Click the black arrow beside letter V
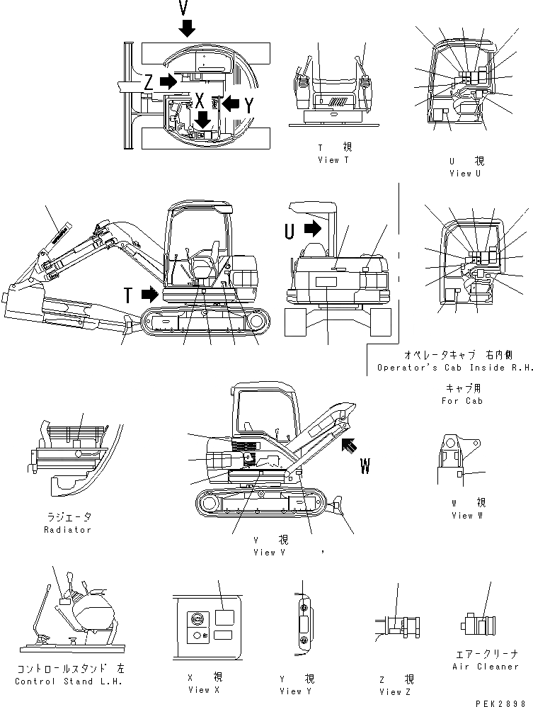(186, 28)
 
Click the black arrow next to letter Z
(168, 81)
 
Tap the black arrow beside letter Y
(231, 103)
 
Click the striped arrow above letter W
(350, 446)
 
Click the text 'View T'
(333, 160)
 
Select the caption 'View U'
(465, 173)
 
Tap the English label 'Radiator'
(67, 530)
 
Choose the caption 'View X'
(199, 689)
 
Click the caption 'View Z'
(394, 691)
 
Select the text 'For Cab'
(463, 401)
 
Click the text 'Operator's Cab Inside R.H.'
(450, 367)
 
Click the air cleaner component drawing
(478, 626)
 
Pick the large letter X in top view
(200, 100)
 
